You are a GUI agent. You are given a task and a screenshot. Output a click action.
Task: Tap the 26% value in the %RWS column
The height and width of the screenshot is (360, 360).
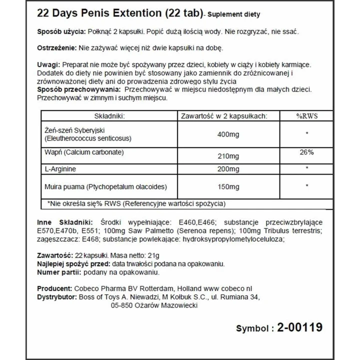307,151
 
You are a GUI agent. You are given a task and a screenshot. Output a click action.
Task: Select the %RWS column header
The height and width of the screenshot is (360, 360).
307,115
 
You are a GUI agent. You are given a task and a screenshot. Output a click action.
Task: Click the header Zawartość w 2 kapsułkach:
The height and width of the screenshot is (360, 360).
223,115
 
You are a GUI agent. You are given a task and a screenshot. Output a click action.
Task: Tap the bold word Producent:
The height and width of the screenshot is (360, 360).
54,289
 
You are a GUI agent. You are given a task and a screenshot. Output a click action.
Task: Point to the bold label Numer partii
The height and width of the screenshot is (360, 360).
58,272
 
